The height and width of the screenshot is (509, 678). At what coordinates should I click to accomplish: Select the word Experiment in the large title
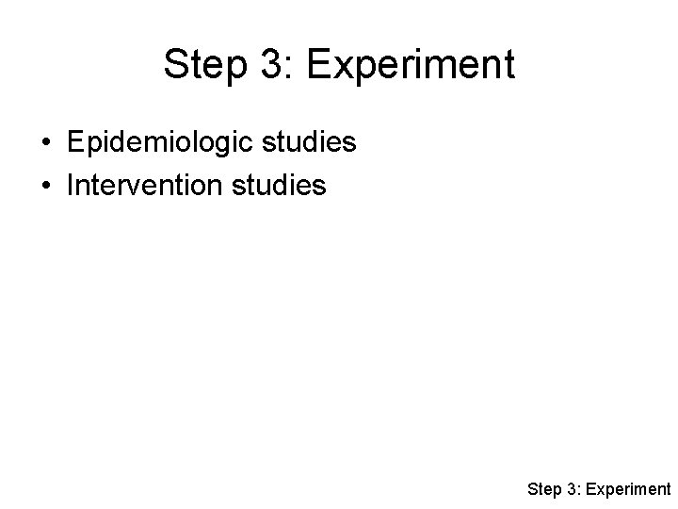click(x=411, y=65)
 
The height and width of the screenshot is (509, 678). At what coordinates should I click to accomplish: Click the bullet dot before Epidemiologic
click(x=45, y=143)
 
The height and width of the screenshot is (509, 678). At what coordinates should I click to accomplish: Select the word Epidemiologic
click(x=155, y=143)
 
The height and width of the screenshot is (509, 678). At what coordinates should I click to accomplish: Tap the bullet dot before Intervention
click(x=45, y=186)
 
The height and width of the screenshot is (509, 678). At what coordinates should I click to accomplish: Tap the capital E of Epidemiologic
click(x=75, y=142)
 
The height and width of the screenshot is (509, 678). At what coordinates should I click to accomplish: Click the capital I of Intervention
click(x=70, y=186)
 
